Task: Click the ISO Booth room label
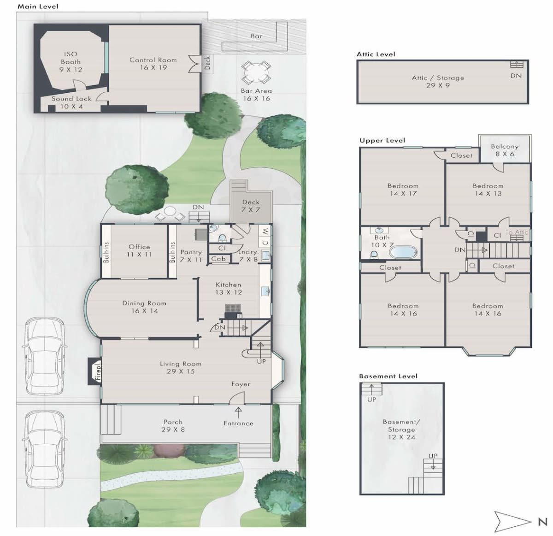[x=71, y=62]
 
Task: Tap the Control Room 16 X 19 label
[x=153, y=64]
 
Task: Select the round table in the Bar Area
[x=256, y=73]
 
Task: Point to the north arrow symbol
[x=512, y=521]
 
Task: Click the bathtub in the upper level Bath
[x=403, y=252]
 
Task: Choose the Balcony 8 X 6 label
[x=505, y=150]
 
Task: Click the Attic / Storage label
[x=438, y=81]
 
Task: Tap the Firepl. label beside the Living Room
[x=98, y=371]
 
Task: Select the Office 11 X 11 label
[x=139, y=250]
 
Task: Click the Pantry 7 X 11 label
[x=191, y=256]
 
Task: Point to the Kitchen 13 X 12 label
[x=228, y=288]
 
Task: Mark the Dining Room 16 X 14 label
[x=144, y=307]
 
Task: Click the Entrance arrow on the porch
[x=238, y=412]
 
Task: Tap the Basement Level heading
[x=388, y=376]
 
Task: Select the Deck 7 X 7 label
[x=251, y=206]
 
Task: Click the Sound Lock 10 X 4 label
[x=71, y=102]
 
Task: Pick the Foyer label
[x=241, y=384]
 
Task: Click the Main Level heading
[x=38, y=6]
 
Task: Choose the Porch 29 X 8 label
[x=173, y=426]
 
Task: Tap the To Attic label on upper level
[x=517, y=232]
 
